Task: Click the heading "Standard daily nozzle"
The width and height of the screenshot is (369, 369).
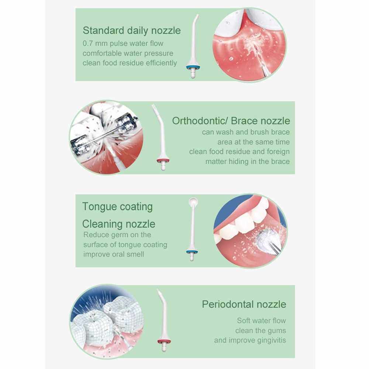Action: pos(132,31)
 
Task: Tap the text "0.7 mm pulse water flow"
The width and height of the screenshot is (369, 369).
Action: pos(123,44)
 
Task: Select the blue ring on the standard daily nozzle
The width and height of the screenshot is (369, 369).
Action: pos(193,67)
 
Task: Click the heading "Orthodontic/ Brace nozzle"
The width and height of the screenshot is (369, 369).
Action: pos(231,121)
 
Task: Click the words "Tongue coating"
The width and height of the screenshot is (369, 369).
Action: pos(117,207)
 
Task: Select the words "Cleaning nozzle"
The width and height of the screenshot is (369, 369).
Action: pos(118,224)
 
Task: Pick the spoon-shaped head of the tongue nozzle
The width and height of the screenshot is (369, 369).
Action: pos(193,202)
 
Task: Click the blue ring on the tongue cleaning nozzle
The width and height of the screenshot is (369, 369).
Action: pos(192,252)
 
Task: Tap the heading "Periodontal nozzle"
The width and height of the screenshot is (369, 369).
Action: pos(244,304)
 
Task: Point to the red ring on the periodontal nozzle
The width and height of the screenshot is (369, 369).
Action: pos(164,341)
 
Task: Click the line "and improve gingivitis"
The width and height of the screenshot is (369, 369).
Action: pos(250,340)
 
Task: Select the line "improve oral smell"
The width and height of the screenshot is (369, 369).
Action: pos(114,254)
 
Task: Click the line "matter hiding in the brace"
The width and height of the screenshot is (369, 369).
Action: pos(247,162)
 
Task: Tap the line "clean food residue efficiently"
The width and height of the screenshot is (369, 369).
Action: pos(130,63)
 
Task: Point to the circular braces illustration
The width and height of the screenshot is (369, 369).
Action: pos(106,137)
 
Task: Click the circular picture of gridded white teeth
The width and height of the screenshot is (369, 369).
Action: pos(107,321)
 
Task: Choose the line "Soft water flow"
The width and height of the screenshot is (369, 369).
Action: pos(262,321)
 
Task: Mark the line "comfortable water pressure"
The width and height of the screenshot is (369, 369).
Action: pos(128,54)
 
